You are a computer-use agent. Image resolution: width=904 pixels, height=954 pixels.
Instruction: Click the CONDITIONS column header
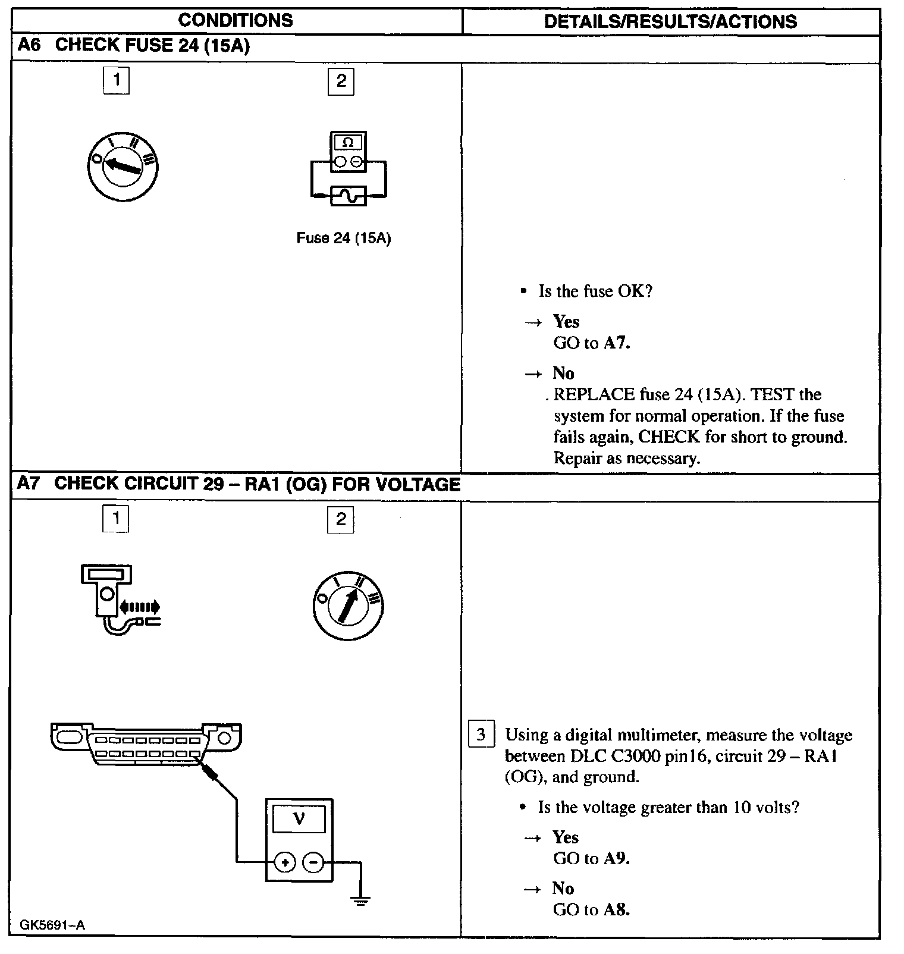tap(236, 20)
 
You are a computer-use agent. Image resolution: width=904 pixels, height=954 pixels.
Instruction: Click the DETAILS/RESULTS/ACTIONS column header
tap(670, 21)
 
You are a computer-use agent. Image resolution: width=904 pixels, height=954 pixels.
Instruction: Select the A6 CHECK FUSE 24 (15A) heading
tap(134, 46)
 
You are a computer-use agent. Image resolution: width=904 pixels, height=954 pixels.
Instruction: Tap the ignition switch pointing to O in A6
tap(122, 166)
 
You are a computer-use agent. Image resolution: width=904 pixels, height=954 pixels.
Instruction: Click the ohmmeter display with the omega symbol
tap(348, 143)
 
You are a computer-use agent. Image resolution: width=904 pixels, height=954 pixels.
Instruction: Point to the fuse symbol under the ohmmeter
tap(348, 195)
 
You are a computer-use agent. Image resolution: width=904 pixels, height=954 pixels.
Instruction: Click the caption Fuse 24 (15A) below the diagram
tap(343, 238)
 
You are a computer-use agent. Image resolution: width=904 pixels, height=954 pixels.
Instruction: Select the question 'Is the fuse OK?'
tap(595, 291)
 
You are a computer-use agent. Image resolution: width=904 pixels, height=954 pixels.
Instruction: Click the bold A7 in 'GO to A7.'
tap(616, 343)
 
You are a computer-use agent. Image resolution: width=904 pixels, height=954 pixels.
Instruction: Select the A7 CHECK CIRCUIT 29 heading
tap(238, 484)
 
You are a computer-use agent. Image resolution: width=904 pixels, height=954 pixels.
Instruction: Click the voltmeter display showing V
tap(299, 820)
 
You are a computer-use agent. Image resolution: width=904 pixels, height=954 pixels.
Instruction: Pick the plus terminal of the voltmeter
tap(285, 862)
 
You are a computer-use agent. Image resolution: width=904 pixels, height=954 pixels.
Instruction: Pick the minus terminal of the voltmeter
tap(313, 862)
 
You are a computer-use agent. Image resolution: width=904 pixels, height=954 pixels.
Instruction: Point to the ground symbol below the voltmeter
tap(360, 900)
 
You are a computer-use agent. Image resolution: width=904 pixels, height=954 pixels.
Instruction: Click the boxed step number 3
tap(481, 735)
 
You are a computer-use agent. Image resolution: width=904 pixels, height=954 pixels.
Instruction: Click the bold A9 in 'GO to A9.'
tap(616, 858)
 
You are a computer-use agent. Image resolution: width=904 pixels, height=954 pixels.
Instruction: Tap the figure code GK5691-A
tap(53, 925)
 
